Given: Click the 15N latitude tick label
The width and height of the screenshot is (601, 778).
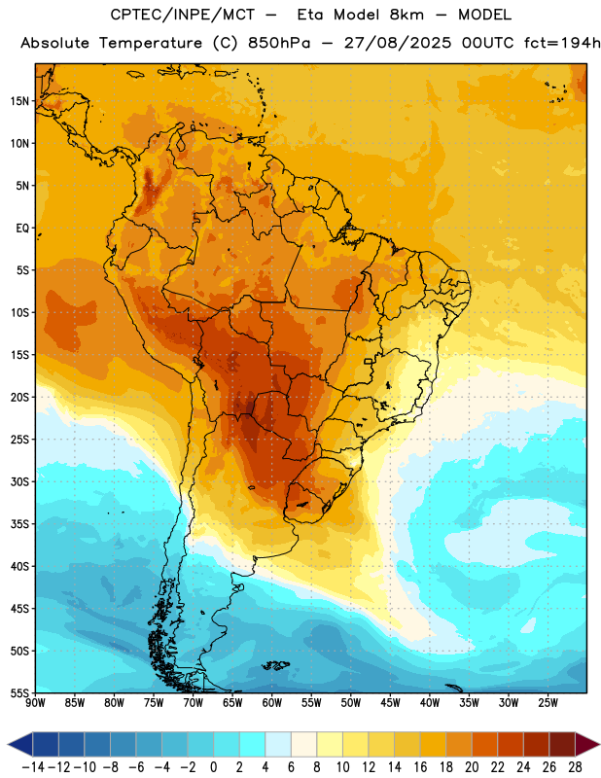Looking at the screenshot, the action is [19, 101].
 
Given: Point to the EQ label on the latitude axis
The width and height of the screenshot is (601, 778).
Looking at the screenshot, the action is [22, 229].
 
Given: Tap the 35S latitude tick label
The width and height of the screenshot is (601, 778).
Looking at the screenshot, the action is [19, 524].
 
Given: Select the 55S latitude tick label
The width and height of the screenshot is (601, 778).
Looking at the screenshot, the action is [19, 693].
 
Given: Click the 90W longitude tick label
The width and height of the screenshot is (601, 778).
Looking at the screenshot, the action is [35, 703].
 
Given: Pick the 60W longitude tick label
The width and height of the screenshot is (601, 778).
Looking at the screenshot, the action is [272, 703].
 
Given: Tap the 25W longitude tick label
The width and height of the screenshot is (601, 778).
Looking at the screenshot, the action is [548, 703].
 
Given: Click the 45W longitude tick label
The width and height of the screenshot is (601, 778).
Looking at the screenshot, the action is [391, 703].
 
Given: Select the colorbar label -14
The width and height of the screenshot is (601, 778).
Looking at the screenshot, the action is [33, 767].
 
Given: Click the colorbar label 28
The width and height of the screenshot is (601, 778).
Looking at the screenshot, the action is [575, 767].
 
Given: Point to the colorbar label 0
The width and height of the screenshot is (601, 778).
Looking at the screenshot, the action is [213, 767].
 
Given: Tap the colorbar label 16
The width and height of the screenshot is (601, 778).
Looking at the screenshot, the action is [420, 767].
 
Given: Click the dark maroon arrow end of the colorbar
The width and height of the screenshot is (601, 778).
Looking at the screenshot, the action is [586, 744].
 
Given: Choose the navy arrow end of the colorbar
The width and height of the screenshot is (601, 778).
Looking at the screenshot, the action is [20, 744].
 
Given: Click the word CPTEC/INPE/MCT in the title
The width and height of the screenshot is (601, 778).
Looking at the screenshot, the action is [182, 15].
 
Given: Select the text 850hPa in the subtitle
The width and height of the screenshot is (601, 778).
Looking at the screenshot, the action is [279, 43].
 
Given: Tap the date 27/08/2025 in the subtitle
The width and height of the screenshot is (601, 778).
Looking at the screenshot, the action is [398, 43].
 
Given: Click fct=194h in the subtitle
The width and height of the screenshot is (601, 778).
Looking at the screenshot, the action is [562, 43].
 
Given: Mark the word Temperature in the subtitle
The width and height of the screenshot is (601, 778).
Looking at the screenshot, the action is [151, 44].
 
